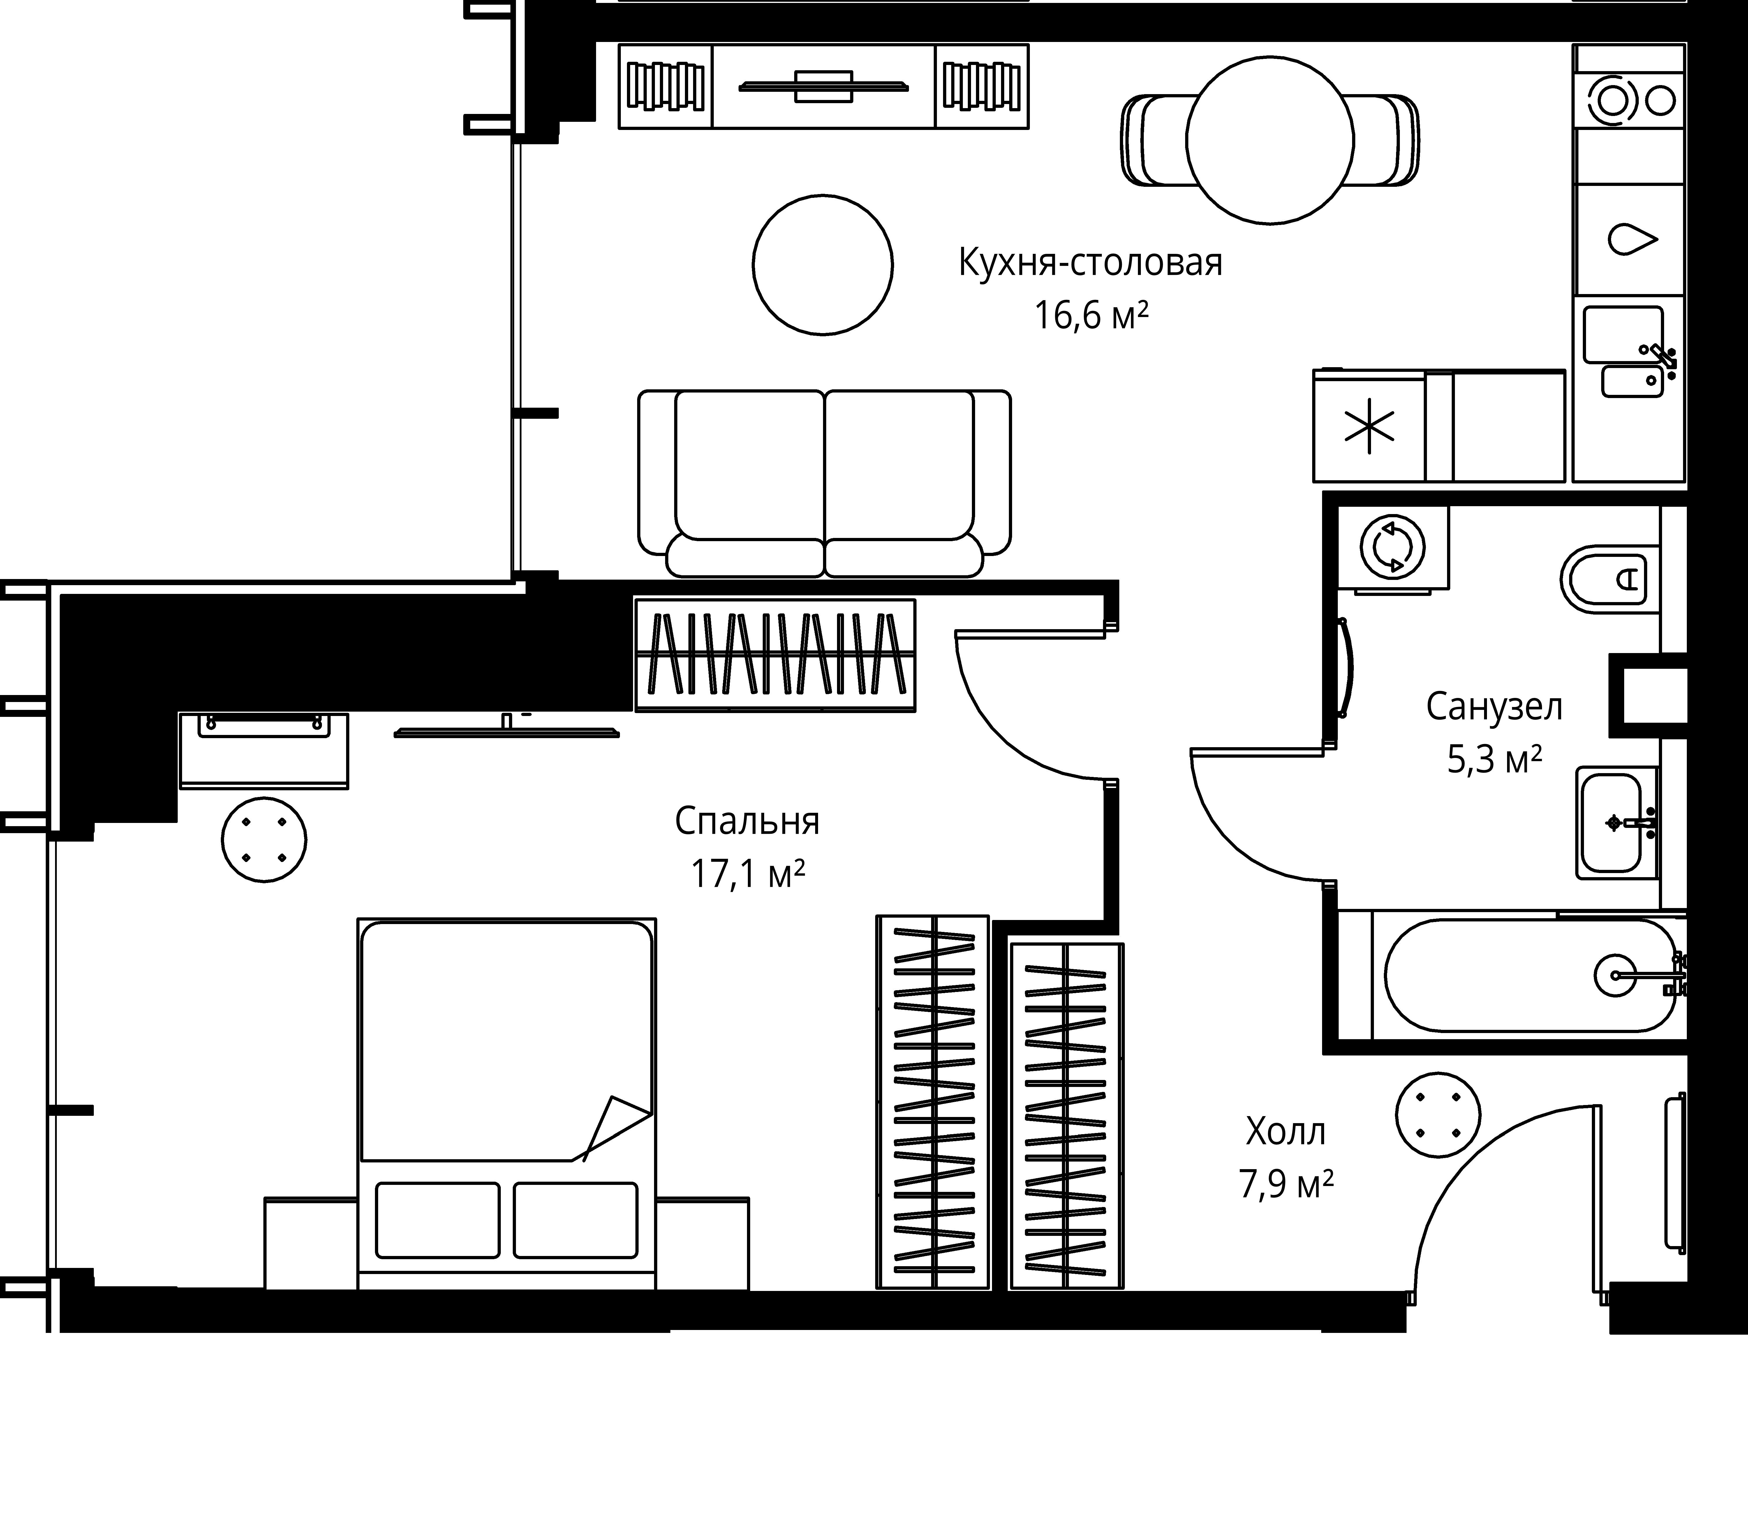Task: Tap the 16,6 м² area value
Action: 1091,316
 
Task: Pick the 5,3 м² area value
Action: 1495,760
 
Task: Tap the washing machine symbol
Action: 1393,547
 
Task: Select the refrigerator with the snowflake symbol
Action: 1369,426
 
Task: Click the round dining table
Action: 1270,140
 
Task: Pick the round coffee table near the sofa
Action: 823,265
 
